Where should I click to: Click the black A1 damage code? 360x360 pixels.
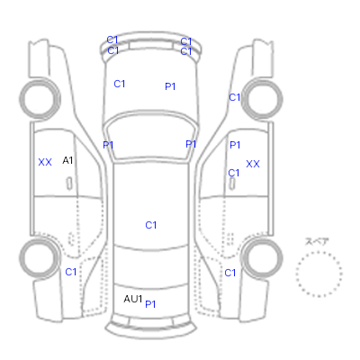coord(67,160)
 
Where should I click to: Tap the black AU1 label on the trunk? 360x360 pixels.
coord(133,299)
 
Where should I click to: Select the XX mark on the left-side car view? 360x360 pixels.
coord(45,162)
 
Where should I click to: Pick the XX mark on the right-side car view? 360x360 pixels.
coord(253,164)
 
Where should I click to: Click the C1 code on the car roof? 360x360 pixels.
coord(151,225)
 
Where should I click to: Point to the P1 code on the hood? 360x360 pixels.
coord(170,86)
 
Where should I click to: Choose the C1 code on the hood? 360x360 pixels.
coord(120,84)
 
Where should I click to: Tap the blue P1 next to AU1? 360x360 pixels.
coord(150,304)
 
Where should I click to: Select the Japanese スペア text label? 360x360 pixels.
coord(317,241)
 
